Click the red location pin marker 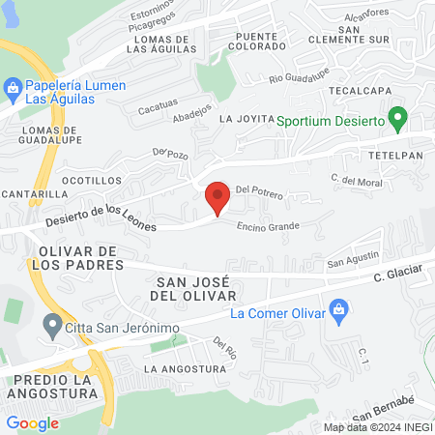[x=217, y=197]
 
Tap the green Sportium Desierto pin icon [x=396, y=120]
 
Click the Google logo [x=32, y=422]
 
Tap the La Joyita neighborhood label [x=242, y=119]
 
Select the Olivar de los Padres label [x=65, y=257]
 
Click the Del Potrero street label [x=259, y=193]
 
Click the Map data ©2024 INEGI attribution [x=377, y=426]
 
